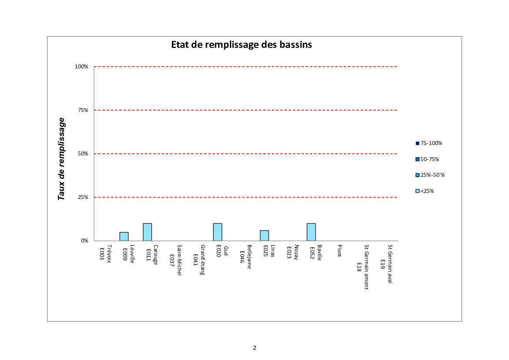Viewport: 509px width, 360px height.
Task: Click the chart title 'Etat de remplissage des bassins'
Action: [x=241, y=45]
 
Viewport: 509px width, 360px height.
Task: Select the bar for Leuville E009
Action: [x=124, y=236]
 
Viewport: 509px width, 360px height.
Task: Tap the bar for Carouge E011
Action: [x=148, y=232]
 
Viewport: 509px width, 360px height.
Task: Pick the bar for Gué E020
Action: [x=218, y=232]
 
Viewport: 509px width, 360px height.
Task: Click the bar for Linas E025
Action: [x=264, y=236]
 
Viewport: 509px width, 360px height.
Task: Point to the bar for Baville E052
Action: [x=311, y=232]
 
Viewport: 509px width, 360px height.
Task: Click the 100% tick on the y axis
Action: [x=81, y=67]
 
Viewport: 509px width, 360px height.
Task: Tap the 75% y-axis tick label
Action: [x=83, y=110]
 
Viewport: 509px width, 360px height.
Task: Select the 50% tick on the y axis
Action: [x=83, y=154]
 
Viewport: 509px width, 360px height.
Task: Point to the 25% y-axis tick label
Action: [x=83, y=197]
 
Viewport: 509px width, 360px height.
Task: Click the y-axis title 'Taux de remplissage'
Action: [x=62, y=159]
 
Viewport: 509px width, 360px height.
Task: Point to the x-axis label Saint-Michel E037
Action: [x=175, y=260]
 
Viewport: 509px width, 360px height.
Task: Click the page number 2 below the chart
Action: [x=254, y=348]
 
